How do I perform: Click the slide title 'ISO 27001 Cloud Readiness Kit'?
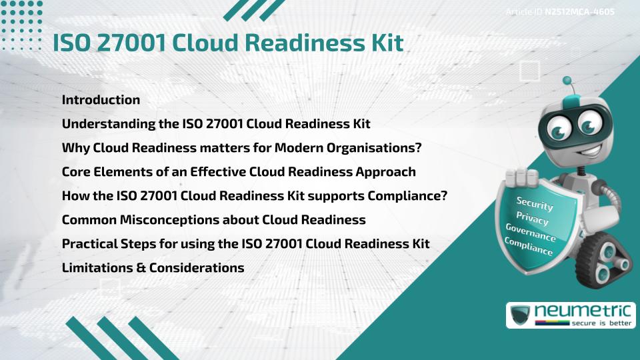click(x=228, y=43)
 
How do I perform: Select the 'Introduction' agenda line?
click(x=101, y=100)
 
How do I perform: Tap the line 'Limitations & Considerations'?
click(x=153, y=268)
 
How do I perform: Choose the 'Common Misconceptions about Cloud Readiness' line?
click(x=213, y=220)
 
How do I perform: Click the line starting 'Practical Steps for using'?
click(x=245, y=244)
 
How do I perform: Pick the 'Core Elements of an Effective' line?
click(x=239, y=172)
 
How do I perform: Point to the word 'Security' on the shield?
click(x=535, y=205)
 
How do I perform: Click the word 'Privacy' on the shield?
click(x=532, y=219)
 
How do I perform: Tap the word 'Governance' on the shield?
click(x=530, y=233)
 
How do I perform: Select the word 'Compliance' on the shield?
click(x=528, y=247)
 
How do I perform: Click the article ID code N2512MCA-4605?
click(x=579, y=12)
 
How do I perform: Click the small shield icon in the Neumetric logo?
click(x=521, y=315)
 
